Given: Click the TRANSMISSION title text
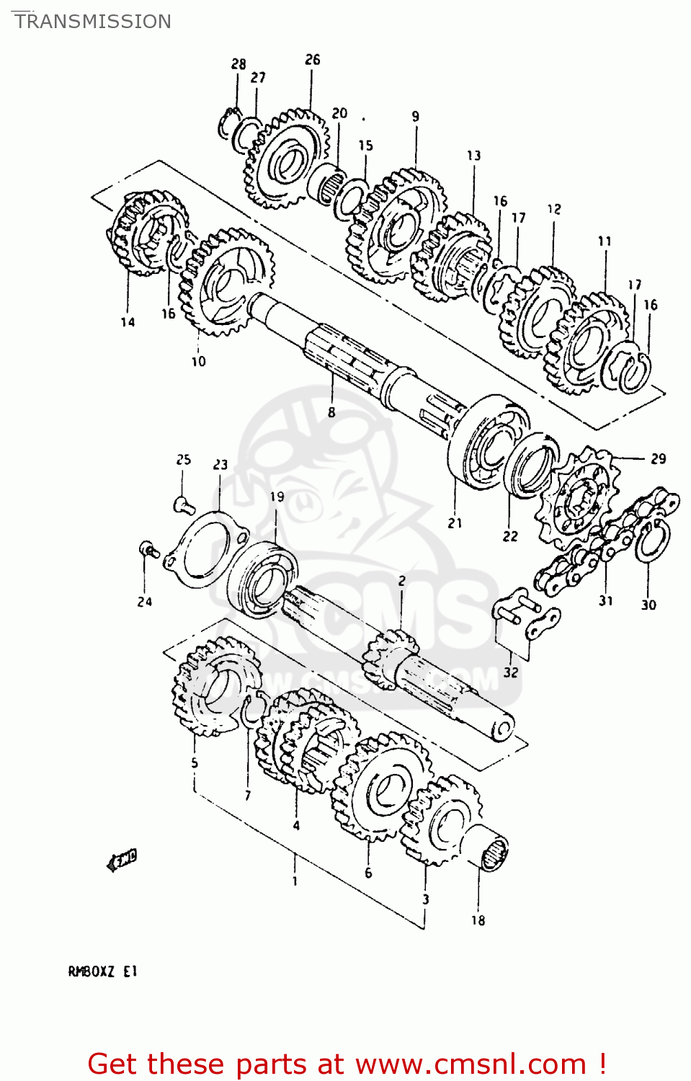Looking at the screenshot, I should (93, 22).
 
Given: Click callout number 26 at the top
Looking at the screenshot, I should (312, 60).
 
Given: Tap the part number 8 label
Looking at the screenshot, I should (331, 412).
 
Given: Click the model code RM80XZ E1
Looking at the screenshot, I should (102, 971).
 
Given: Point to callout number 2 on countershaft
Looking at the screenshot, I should (401, 581).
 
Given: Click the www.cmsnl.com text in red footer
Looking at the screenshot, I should (471, 1064).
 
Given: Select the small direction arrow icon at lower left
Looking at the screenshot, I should (122, 859).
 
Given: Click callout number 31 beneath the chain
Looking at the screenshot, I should (605, 600).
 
